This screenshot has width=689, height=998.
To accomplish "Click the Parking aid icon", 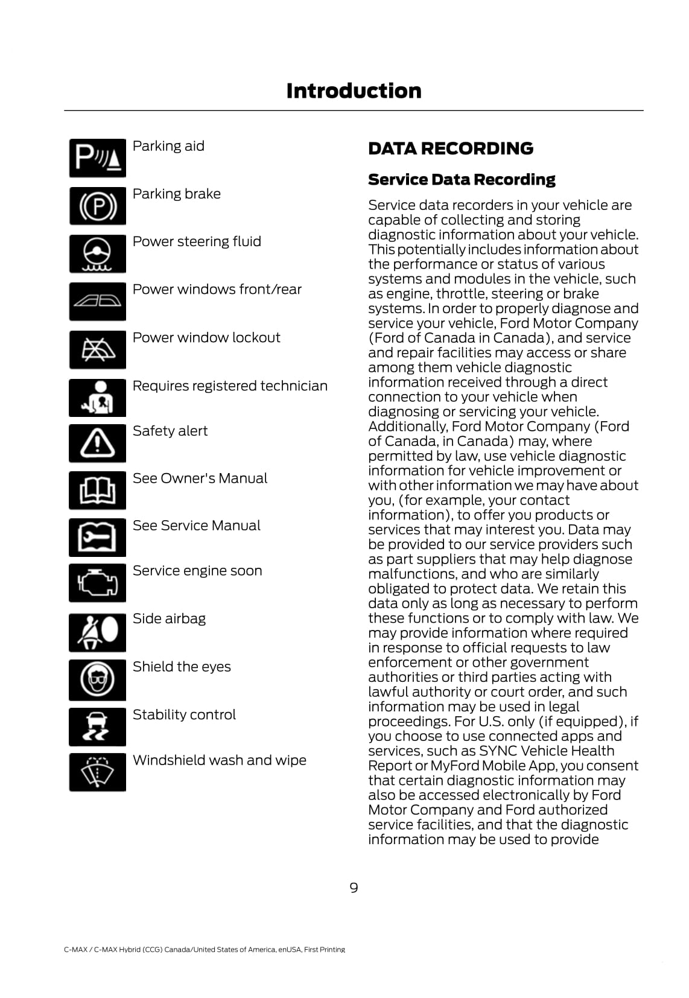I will [97, 158].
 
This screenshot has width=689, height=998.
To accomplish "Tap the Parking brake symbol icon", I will [97, 206].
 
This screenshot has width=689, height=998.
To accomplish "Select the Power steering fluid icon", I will [97, 254].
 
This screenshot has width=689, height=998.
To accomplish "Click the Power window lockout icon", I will [97, 350].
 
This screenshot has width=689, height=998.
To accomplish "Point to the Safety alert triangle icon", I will [97, 443].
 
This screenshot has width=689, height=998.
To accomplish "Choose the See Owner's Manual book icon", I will [97, 491].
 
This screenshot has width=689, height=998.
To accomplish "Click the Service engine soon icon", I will [97, 583].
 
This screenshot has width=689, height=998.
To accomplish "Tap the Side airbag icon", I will [97, 632].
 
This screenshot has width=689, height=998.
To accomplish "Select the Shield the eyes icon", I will [97, 679].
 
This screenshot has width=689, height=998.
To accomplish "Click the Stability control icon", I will [97, 726].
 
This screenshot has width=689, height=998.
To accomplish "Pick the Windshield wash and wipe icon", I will [97, 772].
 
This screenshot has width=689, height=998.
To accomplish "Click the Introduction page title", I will [354, 91].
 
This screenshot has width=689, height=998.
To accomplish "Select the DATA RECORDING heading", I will [450, 148].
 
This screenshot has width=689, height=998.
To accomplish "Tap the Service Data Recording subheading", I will [462, 180].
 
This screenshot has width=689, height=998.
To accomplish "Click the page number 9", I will [354, 888].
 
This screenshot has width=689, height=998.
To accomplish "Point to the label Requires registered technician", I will [230, 386].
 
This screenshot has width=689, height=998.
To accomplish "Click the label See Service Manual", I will [196, 526].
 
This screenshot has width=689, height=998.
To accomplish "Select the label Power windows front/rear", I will [217, 290].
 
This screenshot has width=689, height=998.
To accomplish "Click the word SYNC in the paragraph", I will [494, 751].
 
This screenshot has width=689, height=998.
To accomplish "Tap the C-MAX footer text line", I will [205, 950].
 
